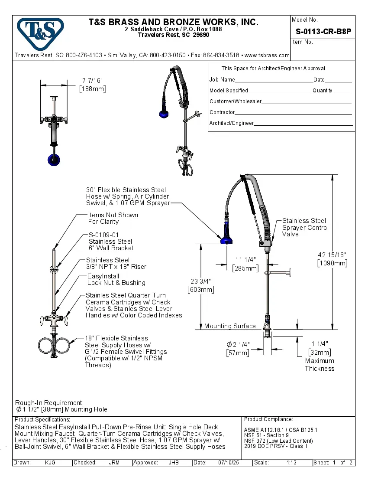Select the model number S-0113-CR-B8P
click(x=323, y=31)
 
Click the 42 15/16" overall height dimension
click(x=332, y=259)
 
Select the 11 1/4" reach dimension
click(x=245, y=264)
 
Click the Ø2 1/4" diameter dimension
click(x=238, y=348)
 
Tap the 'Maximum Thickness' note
click(x=320, y=365)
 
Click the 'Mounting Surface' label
click(x=230, y=326)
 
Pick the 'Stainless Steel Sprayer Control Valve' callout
click(x=305, y=227)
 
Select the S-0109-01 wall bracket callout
click(x=111, y=242)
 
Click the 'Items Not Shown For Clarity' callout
click(x=113, y=218)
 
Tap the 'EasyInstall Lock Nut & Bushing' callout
click(x=116, y=280)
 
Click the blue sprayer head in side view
click(x=226, y=241)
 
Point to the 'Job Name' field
click(x=222, y=80)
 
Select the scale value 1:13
click(x=291, y=463)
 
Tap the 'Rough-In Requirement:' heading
click(x=49, y=403)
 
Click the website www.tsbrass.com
click(x=267, y=56)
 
